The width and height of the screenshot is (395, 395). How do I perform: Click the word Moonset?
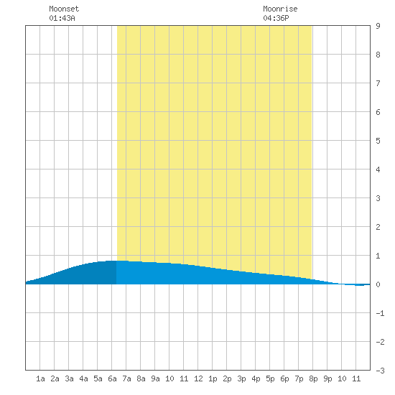tap(64, 9)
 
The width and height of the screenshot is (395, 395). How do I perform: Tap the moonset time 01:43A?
tap(62, 18)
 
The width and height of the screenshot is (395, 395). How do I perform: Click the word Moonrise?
tap(280, 9)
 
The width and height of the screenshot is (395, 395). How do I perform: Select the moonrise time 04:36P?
tap(276, 18)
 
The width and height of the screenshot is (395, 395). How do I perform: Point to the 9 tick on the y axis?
tap(378, 26)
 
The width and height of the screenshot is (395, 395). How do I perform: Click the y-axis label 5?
tap(378, 141)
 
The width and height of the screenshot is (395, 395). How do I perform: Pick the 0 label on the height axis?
tap(378, 284)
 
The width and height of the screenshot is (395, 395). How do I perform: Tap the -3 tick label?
tap(380, 371)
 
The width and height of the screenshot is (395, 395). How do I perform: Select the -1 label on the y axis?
tap(380, 313)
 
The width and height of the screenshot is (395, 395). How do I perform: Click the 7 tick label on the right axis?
tap(378, 83)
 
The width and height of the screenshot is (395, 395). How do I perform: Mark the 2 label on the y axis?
tap(378, 227)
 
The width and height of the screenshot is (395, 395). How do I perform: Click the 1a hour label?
tap(40, 378)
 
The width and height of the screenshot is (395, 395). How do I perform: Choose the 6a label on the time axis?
tap(112, 378)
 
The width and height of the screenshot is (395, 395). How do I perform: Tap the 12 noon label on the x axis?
tap(198, 378)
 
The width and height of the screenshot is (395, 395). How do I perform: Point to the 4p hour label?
tap(256, 378)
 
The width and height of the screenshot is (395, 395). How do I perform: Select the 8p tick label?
tap(313, 378)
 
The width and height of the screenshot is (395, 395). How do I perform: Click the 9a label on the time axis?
tap(155, 378)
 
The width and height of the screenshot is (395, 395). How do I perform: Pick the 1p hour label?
tap(213, 378)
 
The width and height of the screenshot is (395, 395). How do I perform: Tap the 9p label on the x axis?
tap(327, 378)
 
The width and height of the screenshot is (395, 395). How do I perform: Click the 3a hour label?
tap(69, 378)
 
